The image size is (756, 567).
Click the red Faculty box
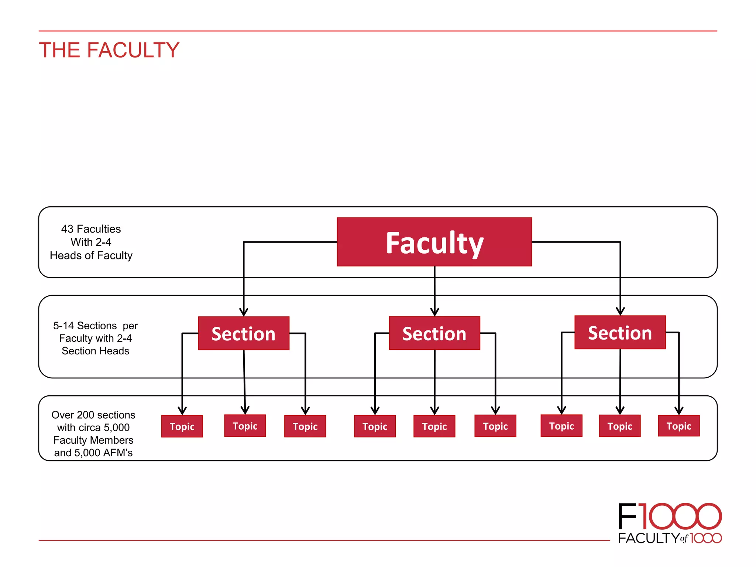click(434, 242)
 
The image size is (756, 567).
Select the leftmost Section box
click(243, 333)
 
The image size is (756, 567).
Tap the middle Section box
click(434, 333)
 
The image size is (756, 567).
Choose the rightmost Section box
click(620, 333)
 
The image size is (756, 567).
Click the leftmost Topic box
click(182, 426)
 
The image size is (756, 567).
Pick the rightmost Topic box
click(678, 426)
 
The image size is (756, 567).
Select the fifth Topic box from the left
click(434, 426)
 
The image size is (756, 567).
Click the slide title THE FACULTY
click(109, 50)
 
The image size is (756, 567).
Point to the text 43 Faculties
click(91, 229)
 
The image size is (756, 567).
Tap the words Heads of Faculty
click(91, 255)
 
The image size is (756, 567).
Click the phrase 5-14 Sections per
click(95, 326)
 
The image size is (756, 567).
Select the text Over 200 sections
click(93, 415)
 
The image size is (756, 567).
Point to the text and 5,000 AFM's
click(93, 453)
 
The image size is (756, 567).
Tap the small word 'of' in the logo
click(684, 539)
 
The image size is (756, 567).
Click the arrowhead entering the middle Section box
click(434, 312)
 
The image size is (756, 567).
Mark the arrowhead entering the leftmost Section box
click(244, 312)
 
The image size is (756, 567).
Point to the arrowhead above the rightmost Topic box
click(678, 410)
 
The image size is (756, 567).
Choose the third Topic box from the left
click(305, 426)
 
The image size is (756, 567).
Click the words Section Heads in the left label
click(95, 351)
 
